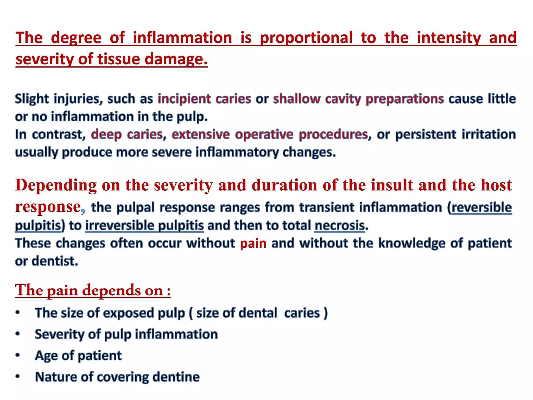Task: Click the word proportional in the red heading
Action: pos(306,38)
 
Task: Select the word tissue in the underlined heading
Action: pos(119,59)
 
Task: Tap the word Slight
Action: pos(32,99)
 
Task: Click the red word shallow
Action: pos(297,99)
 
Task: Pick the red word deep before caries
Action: pos(106,135)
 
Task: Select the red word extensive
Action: pos(201,135)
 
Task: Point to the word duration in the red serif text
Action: pos(284,185)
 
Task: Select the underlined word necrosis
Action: pos(340,226)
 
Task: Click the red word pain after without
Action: pos(253,243)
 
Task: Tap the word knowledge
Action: pos(412,243)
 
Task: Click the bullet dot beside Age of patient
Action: pos(17,355)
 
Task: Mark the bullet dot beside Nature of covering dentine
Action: pos(17,377)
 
